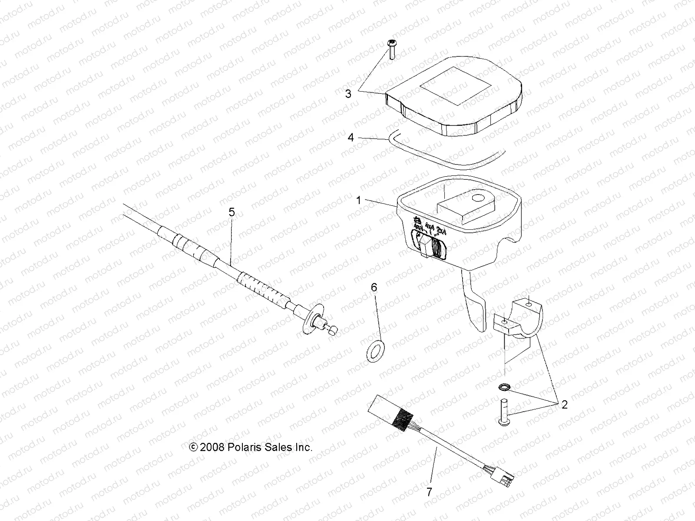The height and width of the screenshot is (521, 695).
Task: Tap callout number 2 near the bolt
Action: (x=564, y=405)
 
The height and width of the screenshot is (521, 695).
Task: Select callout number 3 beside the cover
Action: (x=348, y=93)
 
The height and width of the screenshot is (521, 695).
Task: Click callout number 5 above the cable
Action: (x=232, y=212)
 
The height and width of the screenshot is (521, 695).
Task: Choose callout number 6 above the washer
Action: (x=374, y=287)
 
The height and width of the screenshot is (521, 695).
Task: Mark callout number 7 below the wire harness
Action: (x=429, y=492)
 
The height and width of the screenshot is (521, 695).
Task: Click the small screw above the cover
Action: (x=390, y=49)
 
